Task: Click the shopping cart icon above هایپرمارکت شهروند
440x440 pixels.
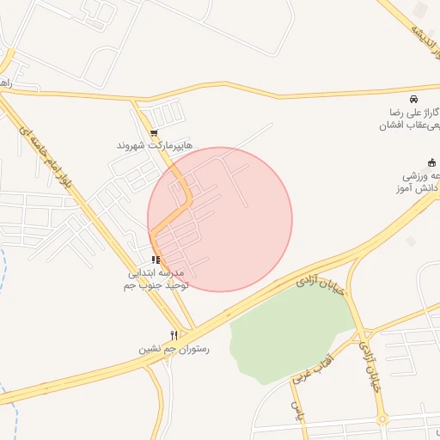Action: [154, 133]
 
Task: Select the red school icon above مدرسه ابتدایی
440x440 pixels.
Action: [155, 259]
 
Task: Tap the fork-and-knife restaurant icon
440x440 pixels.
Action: [174, 335]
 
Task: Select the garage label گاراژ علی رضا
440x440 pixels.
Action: [412, 113]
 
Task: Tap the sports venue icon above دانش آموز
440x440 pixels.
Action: [431, 162]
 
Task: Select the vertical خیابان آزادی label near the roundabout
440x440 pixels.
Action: [367, 366]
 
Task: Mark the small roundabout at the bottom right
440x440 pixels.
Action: [382, 419]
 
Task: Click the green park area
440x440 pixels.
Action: [288, 331]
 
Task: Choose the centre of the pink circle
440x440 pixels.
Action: [220, 219]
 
